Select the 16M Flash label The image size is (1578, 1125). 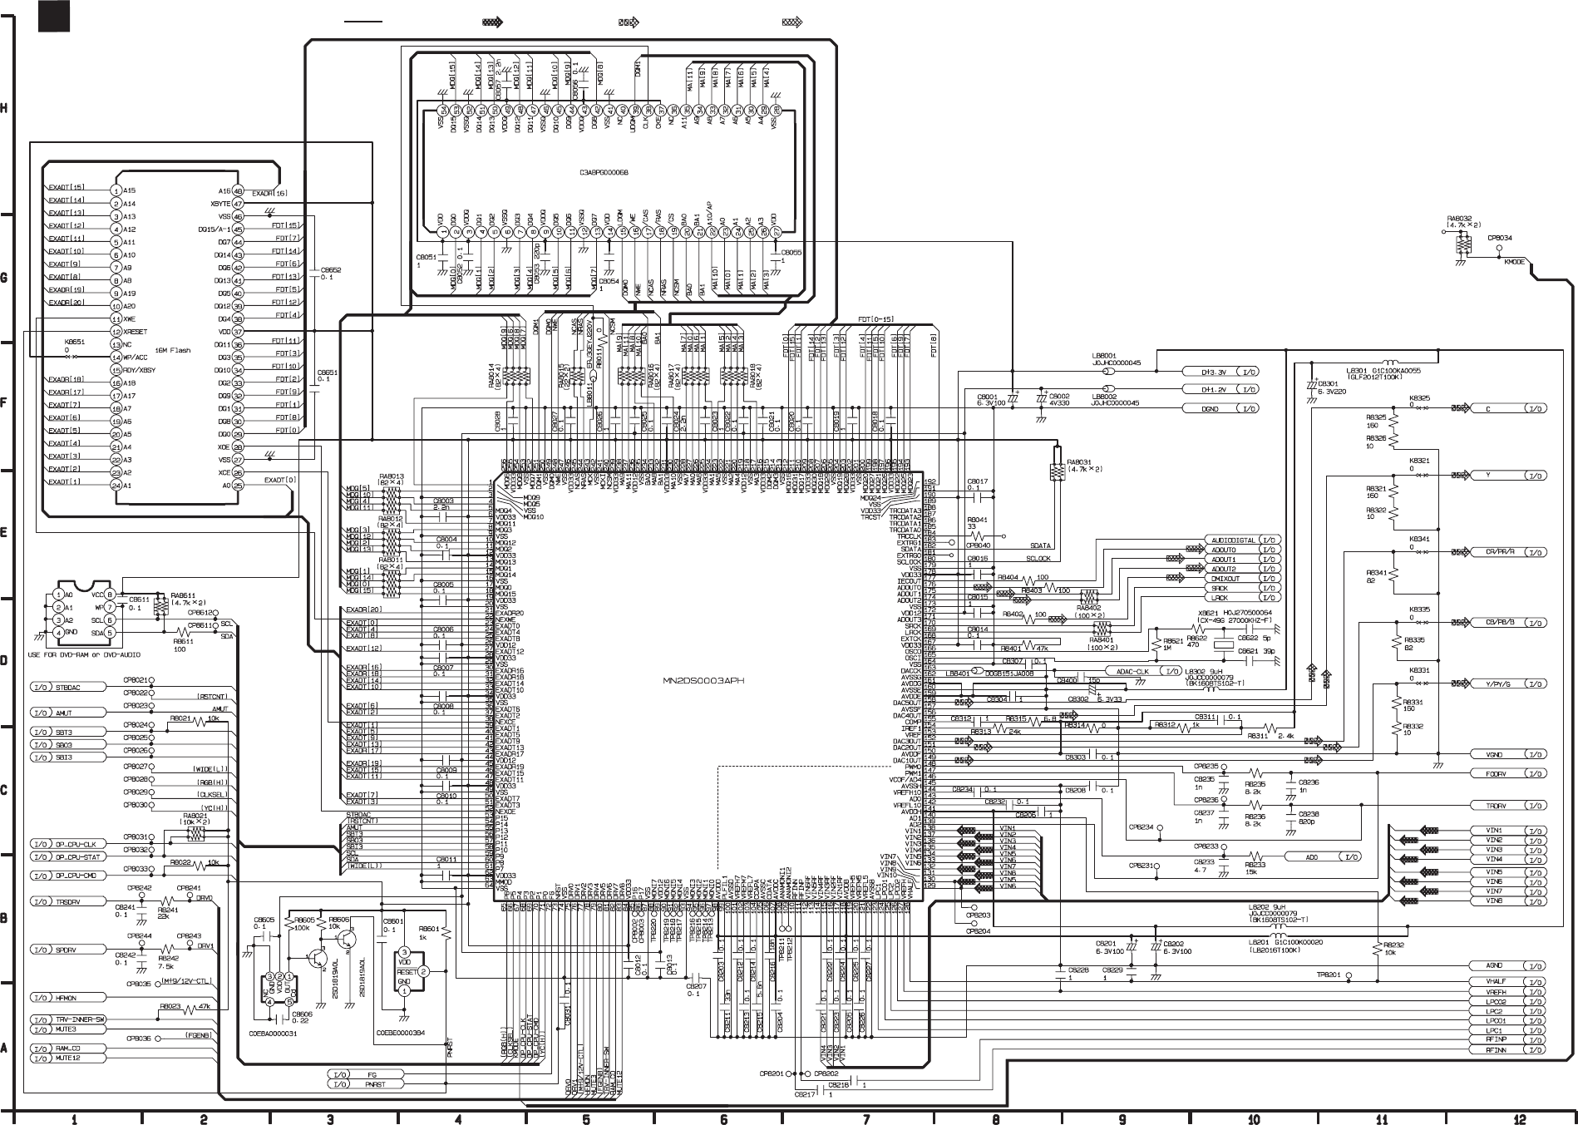173,351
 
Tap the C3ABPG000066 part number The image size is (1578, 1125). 604,173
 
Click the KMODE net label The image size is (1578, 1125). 1514,260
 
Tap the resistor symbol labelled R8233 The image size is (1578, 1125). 1255,856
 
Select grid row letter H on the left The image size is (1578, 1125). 6,109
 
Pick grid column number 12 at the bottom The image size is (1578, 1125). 1520,1119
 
